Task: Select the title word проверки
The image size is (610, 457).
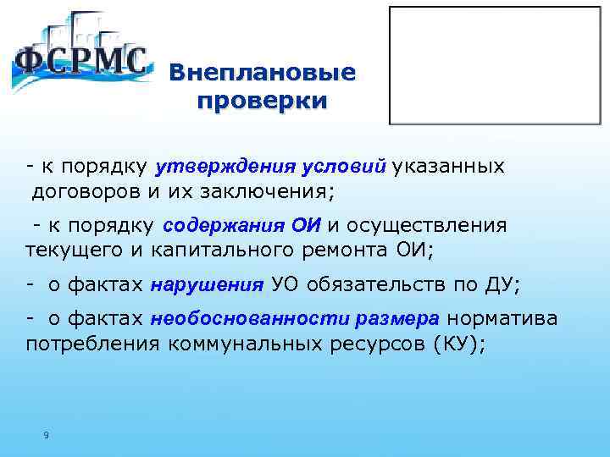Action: point(261,101)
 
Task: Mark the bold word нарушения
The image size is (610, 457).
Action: point(208,285)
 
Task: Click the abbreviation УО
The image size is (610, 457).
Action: point(286,285)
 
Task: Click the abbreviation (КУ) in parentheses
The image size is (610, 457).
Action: point(458,344)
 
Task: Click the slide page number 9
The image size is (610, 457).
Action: point(46,436)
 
